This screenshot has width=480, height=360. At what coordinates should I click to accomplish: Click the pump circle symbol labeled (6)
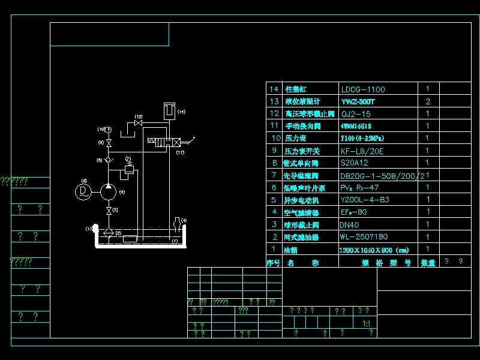(109, 191)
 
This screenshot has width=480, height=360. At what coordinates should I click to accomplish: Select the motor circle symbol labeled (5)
(83, 191)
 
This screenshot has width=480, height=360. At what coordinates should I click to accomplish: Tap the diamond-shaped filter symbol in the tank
(109, 232)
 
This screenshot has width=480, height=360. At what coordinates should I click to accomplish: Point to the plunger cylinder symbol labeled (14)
(169, 112)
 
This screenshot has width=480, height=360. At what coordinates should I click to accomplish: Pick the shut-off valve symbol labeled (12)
(139, 124)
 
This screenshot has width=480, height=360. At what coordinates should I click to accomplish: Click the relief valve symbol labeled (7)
(128, 170)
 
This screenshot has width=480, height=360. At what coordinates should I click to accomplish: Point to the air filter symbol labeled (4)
(178, 225)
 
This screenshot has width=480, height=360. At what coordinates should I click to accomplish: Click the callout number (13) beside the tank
(89, 229)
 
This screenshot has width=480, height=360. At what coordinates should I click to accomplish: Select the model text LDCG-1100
(363, 89)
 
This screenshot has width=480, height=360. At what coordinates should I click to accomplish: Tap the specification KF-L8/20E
(362, 151)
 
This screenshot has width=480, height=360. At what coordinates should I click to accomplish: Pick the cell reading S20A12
(354, 163)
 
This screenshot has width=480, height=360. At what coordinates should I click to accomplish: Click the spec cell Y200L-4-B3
(365, 200)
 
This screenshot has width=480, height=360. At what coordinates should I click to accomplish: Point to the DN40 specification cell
(349, 225)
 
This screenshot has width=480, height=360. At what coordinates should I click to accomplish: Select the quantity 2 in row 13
(428, 102)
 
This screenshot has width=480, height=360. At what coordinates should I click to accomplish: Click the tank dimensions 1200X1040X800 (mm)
(373, 250)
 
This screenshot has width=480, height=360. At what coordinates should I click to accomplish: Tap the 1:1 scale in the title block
(367, 323)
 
